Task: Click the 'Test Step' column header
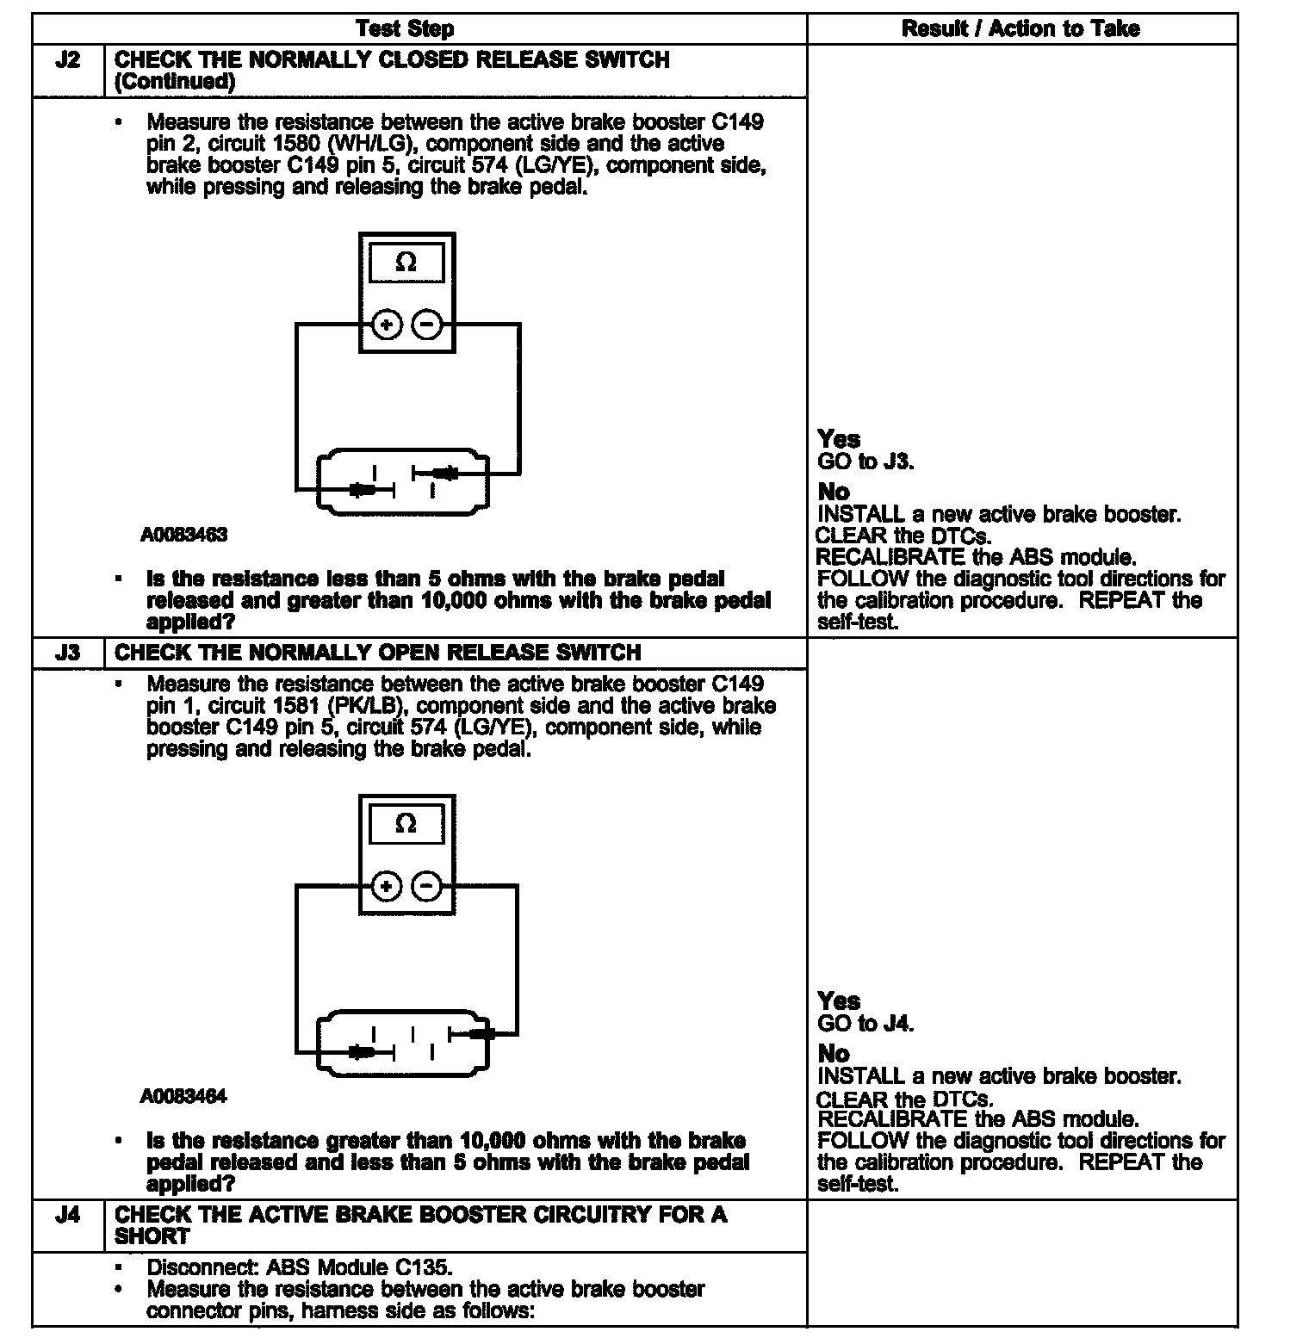[x=405, y=28]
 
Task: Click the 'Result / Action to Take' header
[x=1020, y=28]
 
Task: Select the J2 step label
[x=67, y=60]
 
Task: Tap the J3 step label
[x=67, y=653]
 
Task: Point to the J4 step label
[x=67, y=1215]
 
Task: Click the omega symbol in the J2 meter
[x=406, y=262]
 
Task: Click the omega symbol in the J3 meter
[x=406, y=823]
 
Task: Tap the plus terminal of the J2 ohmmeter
[x=387, y=325]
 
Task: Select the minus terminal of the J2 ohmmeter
[x=427, y=325]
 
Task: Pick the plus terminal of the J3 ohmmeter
[x=387, y=886]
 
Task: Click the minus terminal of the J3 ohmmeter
[x=427, y=886]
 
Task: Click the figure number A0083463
[x=184, y=535]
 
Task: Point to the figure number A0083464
[x=184, y=1097]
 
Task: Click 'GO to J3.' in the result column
[x=865, y=461]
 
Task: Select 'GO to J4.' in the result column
[x=865, y=1023]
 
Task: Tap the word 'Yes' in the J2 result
[x=839, y=439]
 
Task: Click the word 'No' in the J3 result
[x=834, y=1054]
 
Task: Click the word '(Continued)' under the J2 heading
[x=175, y=82]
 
